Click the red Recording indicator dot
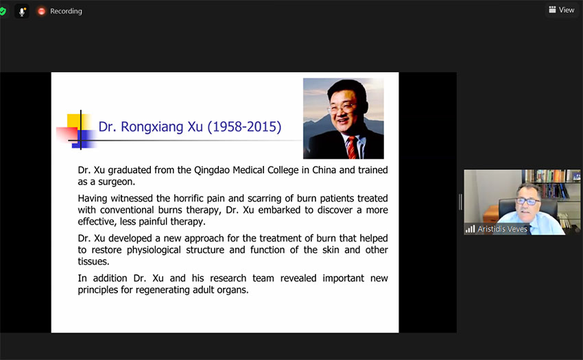[41, 11]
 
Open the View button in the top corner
[561, 10]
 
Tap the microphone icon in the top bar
[22, 12]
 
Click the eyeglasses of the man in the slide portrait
[341, 108]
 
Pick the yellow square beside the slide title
[75, 123]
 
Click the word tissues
[94, 261]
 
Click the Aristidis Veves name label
[502, 229]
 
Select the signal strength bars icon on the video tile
[471, 229]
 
